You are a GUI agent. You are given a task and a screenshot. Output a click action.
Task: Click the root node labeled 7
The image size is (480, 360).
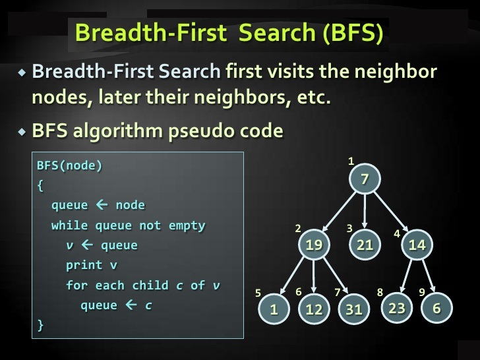click(365, 179)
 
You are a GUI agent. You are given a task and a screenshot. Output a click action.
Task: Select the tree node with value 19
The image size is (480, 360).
click(314, 244)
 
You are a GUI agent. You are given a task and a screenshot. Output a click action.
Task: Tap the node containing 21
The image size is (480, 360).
click(365, 244)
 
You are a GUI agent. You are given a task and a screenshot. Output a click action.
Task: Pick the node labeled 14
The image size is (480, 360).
click(417, 244)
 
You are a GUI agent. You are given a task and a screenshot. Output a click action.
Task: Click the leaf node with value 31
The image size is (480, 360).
click(354, 309)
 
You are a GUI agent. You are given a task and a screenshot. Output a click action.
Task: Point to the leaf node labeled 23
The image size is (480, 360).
click(397, 308)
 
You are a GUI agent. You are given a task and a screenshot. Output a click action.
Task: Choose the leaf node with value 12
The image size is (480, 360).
click(314, 309)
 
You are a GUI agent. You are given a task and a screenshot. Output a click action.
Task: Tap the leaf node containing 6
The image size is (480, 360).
click(436, 308)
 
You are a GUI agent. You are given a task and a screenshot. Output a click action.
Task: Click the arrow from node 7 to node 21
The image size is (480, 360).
click(365, 212)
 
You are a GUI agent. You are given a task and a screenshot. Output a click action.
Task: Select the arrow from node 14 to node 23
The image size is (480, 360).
click(406, 276)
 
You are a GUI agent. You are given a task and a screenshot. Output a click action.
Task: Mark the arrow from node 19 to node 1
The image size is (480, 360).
click(292, 276)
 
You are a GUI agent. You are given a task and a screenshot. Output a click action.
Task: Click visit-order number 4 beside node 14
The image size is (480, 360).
click(397, 234)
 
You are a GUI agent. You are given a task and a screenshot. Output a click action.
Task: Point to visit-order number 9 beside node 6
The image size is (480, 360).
click(422, 292)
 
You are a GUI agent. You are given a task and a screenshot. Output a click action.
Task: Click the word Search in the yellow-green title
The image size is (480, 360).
click(277, 32)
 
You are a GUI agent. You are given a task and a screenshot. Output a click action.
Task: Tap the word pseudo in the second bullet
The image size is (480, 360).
click(201, 131)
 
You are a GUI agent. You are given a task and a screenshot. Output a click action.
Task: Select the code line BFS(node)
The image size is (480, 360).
click(69, 165)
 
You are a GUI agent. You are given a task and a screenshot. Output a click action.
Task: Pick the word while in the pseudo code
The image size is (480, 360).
click(69, 225)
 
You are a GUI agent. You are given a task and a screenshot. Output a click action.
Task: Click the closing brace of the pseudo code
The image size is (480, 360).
click(40, 325)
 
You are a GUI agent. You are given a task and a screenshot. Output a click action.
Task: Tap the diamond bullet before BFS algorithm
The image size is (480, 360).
click(22, 132)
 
